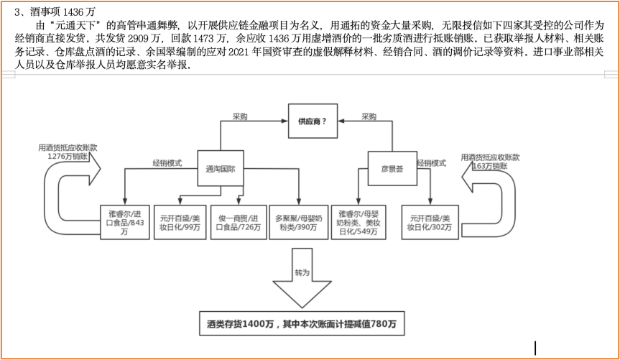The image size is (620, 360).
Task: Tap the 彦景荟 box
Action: (392, 170)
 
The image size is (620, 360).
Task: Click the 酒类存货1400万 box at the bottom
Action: (302, 325)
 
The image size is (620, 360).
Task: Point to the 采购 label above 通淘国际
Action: (239, 116)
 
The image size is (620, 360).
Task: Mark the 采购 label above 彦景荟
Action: (369, 116)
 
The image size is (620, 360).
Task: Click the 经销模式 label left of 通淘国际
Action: (167, 163)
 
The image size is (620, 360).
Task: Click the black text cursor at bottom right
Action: (534, 347)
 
